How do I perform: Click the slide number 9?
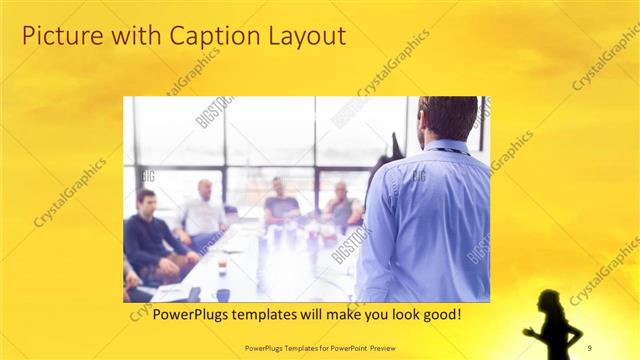589,346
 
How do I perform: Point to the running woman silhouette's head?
549,299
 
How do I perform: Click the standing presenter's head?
447,118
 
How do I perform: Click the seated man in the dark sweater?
149,230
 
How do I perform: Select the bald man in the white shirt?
204,210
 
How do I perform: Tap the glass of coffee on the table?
222,265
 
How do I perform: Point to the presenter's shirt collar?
448,147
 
